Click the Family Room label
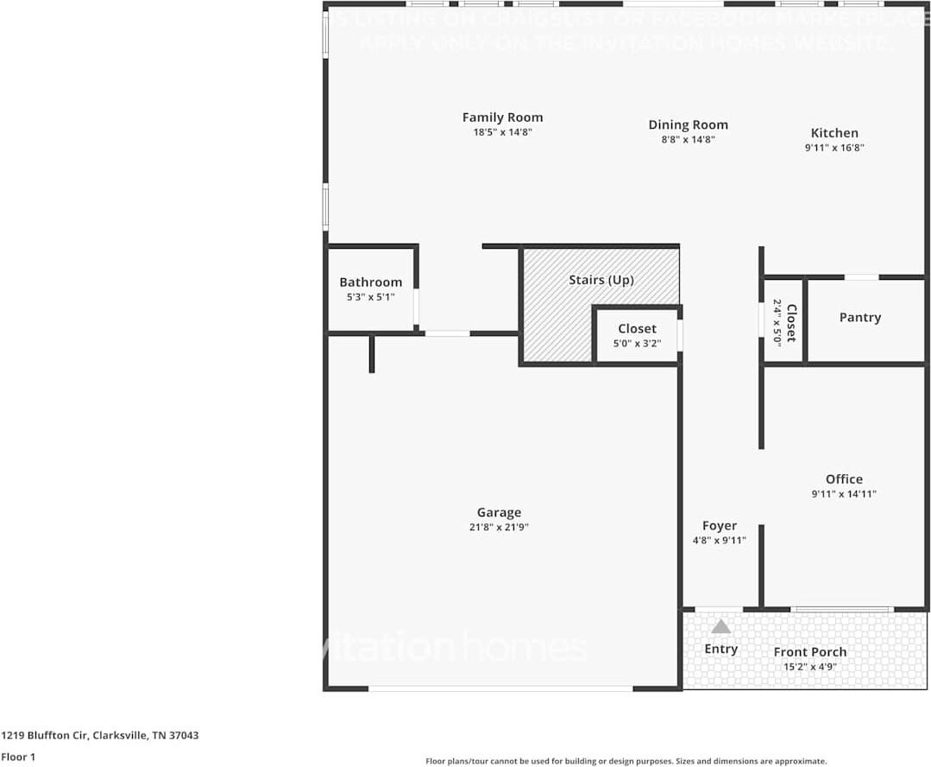[x=502, y=117]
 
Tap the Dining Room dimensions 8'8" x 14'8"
[x=688, y=139]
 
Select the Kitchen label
[x=834, y=133]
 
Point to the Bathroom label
[x=370, y=282]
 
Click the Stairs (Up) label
[x=601, y=281]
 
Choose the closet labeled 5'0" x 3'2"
[x=637, y=336]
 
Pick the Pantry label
[x=859, y=318]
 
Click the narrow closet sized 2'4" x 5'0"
[x=783, y=322]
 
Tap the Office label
[x=843, y=479]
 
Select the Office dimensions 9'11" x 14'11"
[x=843, y=494]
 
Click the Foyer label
[x=719, y=526]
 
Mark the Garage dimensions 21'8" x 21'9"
[x=499, y=528]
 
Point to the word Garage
[x=499, y=513]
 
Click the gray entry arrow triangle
[x=720, y=626]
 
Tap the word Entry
[x=720, y=649]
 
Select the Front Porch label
[x=809, y=652]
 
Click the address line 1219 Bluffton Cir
[x=100, y=736]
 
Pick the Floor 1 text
[x=17, y=757]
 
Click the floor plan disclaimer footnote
[x=626, y=761]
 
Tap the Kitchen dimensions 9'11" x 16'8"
[x=834, y=148]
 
